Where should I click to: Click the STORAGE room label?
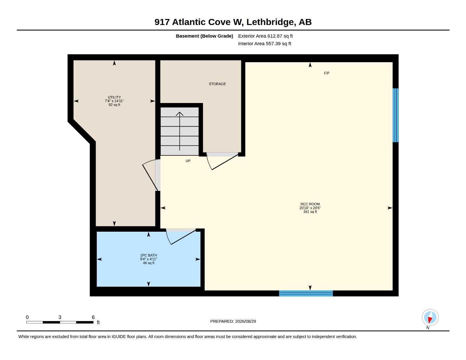[x=217, y=84]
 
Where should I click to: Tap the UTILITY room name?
[x=114, y=97]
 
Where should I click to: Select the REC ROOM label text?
[x=310, y=204]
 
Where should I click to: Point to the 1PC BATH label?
[x=148, y=255]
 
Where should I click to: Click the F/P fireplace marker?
[x=326, y=73]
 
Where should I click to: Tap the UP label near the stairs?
[x=188, y=161]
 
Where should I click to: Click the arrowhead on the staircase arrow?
[x=179, y=114]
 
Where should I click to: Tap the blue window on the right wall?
[x=395, y=115]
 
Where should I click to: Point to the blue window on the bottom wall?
[x=306, y=293]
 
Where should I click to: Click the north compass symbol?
[x=430, y=317]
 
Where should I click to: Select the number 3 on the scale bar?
[x=60, y=317]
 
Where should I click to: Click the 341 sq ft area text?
[x=310, y=212]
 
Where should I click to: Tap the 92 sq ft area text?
[x=114, y=105]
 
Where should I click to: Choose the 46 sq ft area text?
[x=148, y=263]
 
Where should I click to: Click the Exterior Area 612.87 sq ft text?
[x=265, y=36]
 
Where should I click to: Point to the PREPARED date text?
[x=233, y=321]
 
